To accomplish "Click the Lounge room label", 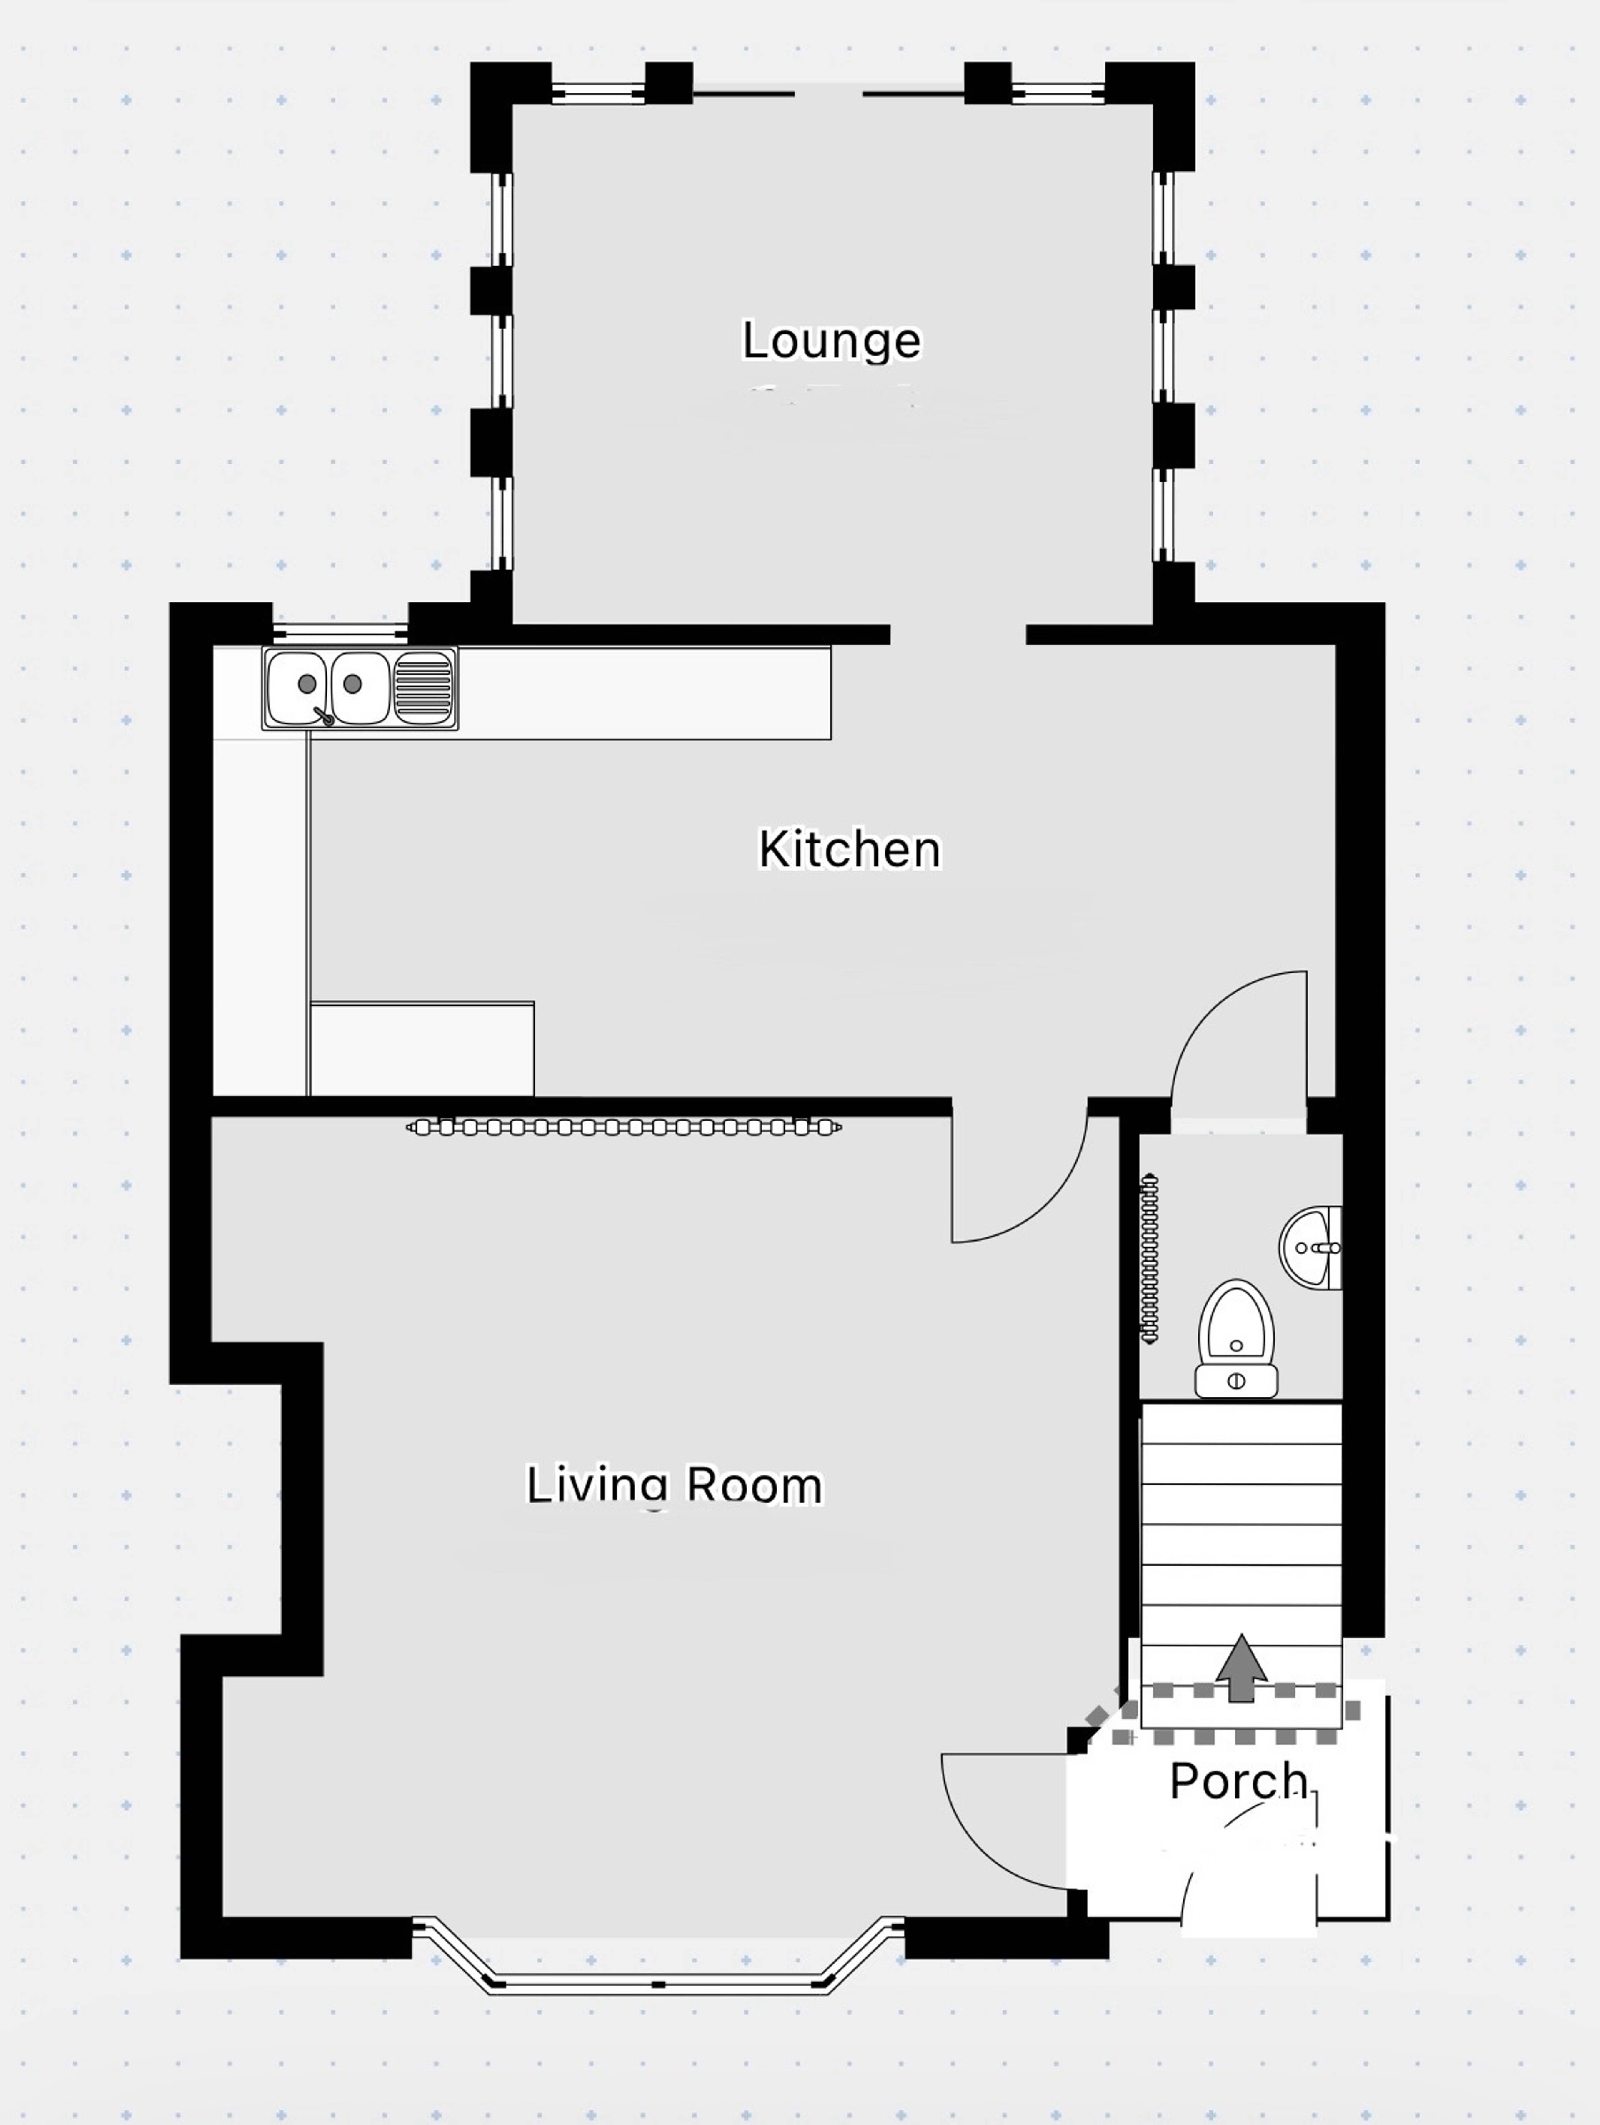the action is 832,341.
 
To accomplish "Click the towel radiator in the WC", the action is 1150,1259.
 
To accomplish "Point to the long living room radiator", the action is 624,1127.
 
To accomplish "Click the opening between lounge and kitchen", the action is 957,634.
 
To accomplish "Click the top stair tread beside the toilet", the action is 1241,1423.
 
